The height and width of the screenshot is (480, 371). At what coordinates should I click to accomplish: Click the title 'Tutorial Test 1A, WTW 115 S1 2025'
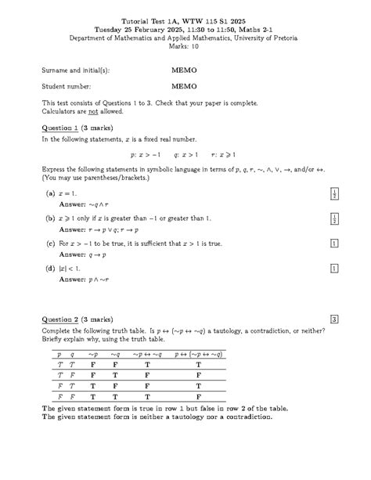[185, 20]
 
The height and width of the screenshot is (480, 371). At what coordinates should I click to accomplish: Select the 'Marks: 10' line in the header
[185, 46]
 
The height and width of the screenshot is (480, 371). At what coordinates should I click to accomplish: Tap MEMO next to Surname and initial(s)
[184, 70]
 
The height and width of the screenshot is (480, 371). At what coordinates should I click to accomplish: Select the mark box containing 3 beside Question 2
[334, 319]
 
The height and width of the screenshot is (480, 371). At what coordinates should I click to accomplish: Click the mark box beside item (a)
[334, 193]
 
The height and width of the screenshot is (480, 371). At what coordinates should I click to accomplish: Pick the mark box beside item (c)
[334, 244]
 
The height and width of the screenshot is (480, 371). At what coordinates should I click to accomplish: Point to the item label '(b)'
[50, 218]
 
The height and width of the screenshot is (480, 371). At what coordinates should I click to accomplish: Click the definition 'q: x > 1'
[185, 155]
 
